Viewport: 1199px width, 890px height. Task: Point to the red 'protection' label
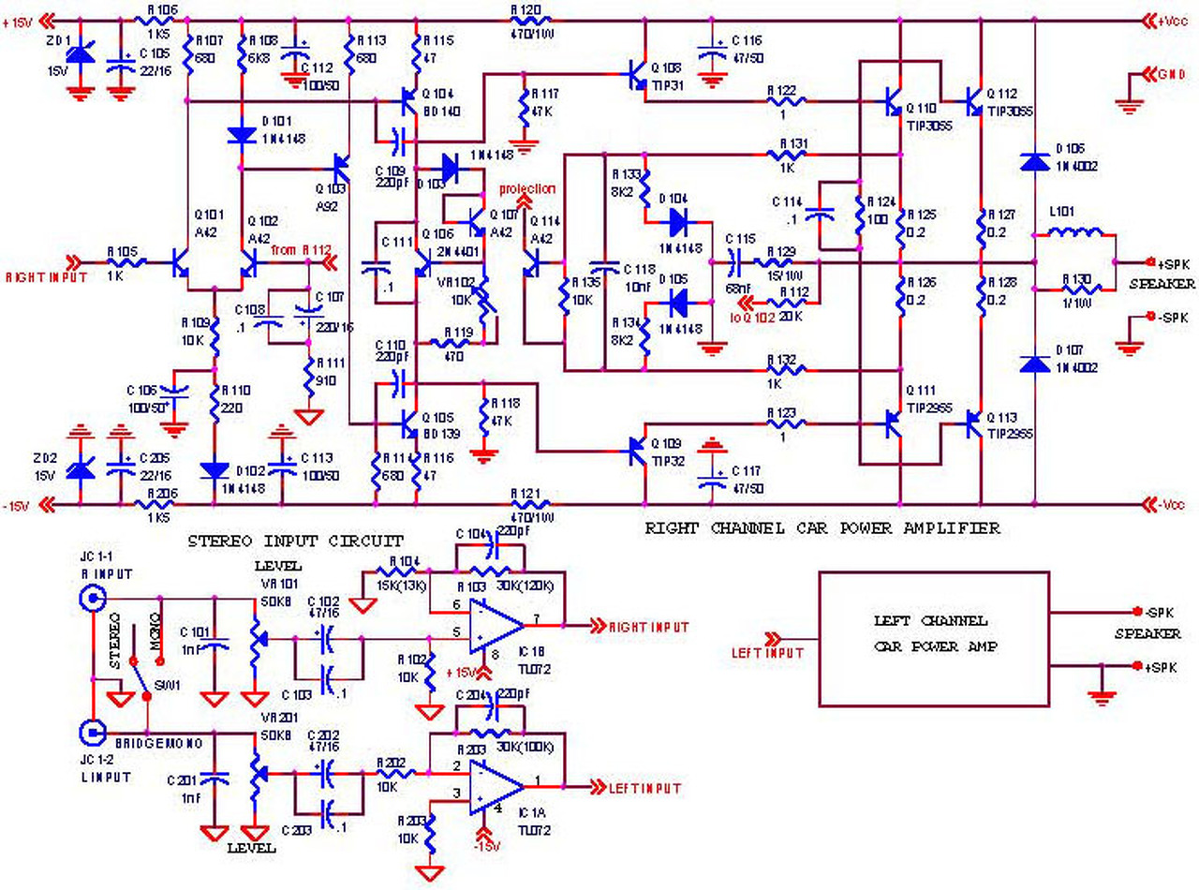click(527, 188)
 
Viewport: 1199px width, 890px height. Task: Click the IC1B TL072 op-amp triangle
click(495, 626)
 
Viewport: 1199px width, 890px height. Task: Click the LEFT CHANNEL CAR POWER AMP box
click(934, 639)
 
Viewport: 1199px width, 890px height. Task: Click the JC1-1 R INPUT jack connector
click(92, 598)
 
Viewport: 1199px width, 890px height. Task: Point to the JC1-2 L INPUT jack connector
click(92, 732)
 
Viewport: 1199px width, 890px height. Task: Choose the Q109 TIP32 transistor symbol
click(638, 453)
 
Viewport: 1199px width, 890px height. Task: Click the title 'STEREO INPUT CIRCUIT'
click(296, 541)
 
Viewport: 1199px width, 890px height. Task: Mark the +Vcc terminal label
click(1170, 19)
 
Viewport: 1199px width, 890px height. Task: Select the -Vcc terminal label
click(1170, 506)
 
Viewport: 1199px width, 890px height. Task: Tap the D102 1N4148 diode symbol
click(215, 469)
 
